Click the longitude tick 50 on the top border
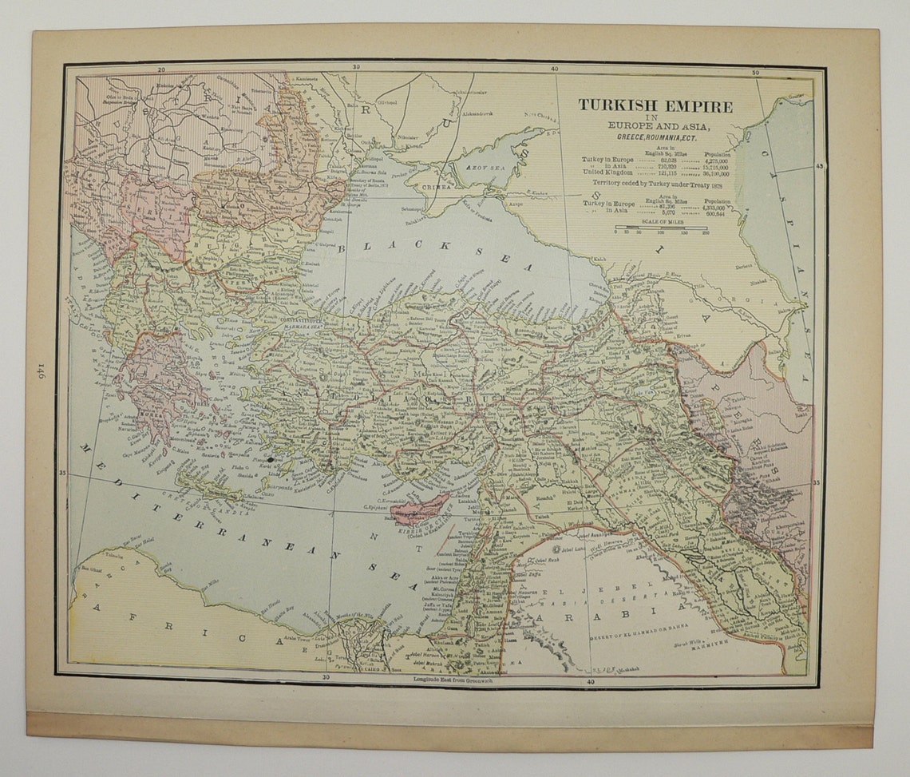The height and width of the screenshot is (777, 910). (756, 73)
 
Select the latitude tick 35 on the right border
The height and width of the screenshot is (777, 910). (816, 482)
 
